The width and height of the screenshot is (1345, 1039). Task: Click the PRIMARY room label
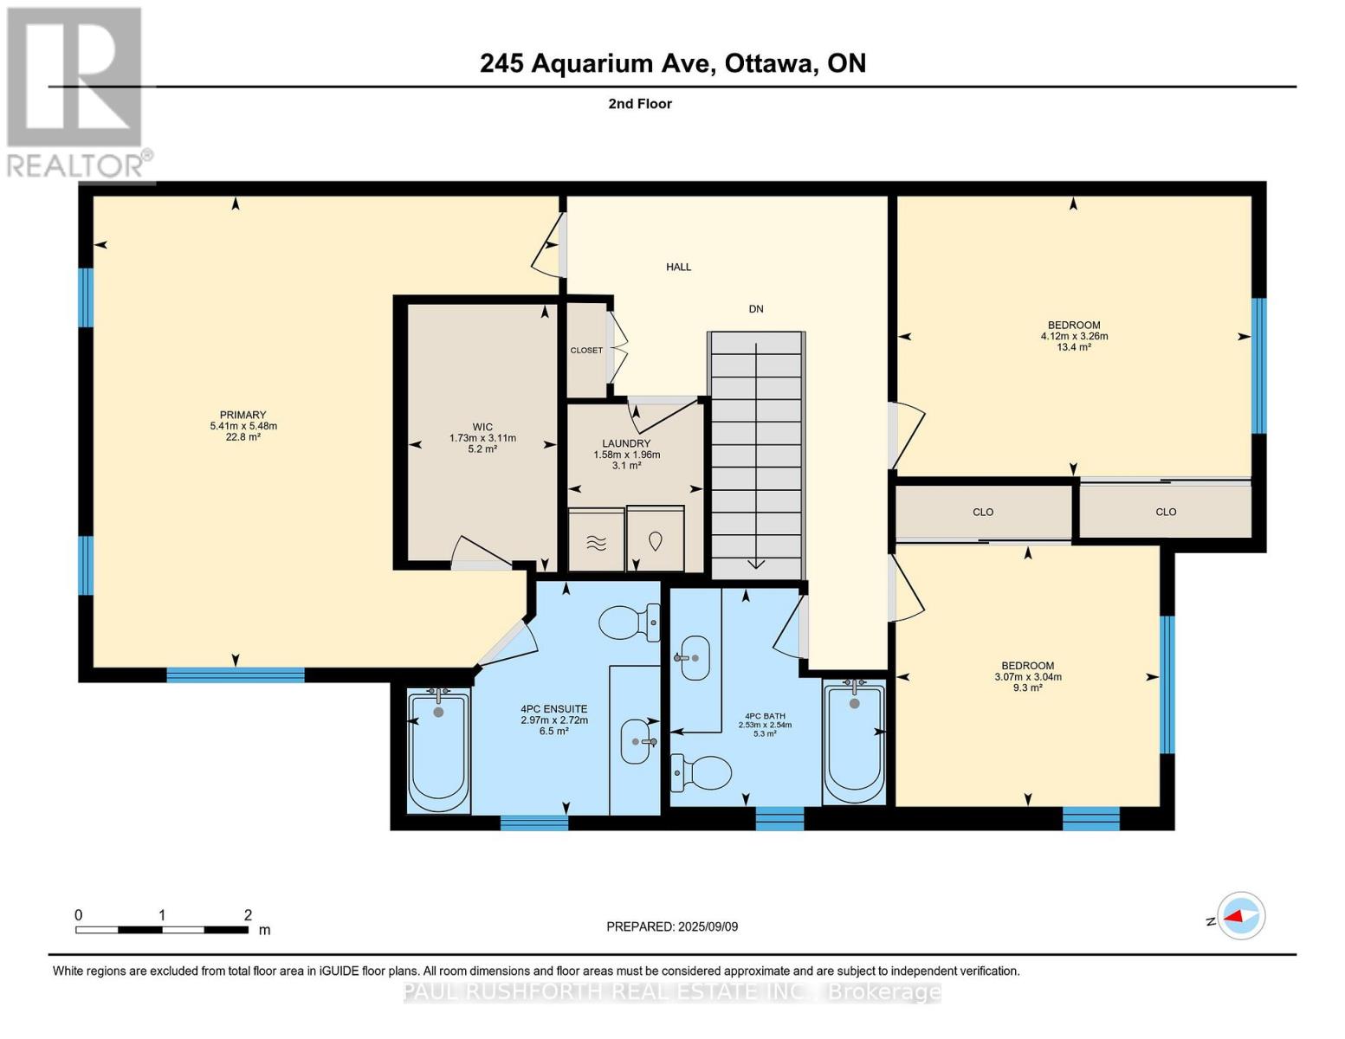point(242,415)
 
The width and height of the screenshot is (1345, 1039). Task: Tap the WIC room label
point(482,426)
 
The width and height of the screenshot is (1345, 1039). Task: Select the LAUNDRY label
point(626,443)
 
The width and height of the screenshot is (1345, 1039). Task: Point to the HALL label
point(678,267)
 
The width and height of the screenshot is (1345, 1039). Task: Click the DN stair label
point(756,309)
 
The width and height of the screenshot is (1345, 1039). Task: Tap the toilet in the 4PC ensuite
point(629,622)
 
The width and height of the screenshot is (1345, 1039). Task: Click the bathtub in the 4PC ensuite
point(438,750)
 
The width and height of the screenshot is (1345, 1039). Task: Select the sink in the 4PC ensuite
point(638,741)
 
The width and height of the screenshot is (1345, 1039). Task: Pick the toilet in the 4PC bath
point(701,772)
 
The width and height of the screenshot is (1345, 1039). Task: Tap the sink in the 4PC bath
point(691,658)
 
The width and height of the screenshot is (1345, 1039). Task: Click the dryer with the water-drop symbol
point(656,539)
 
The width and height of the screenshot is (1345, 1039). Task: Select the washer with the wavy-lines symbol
point(596,540)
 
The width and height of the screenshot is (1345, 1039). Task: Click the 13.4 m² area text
point(1074,347)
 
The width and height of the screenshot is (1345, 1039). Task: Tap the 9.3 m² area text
point(1028,687)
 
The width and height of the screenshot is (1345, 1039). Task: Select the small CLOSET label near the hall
point(586,351)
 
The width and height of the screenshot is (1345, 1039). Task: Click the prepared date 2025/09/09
point(708,926)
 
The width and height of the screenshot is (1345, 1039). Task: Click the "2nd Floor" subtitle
point(640,104)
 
